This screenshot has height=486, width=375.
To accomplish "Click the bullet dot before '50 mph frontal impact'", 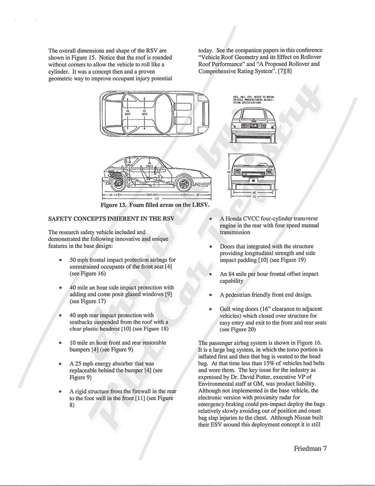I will pos(62,260).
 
